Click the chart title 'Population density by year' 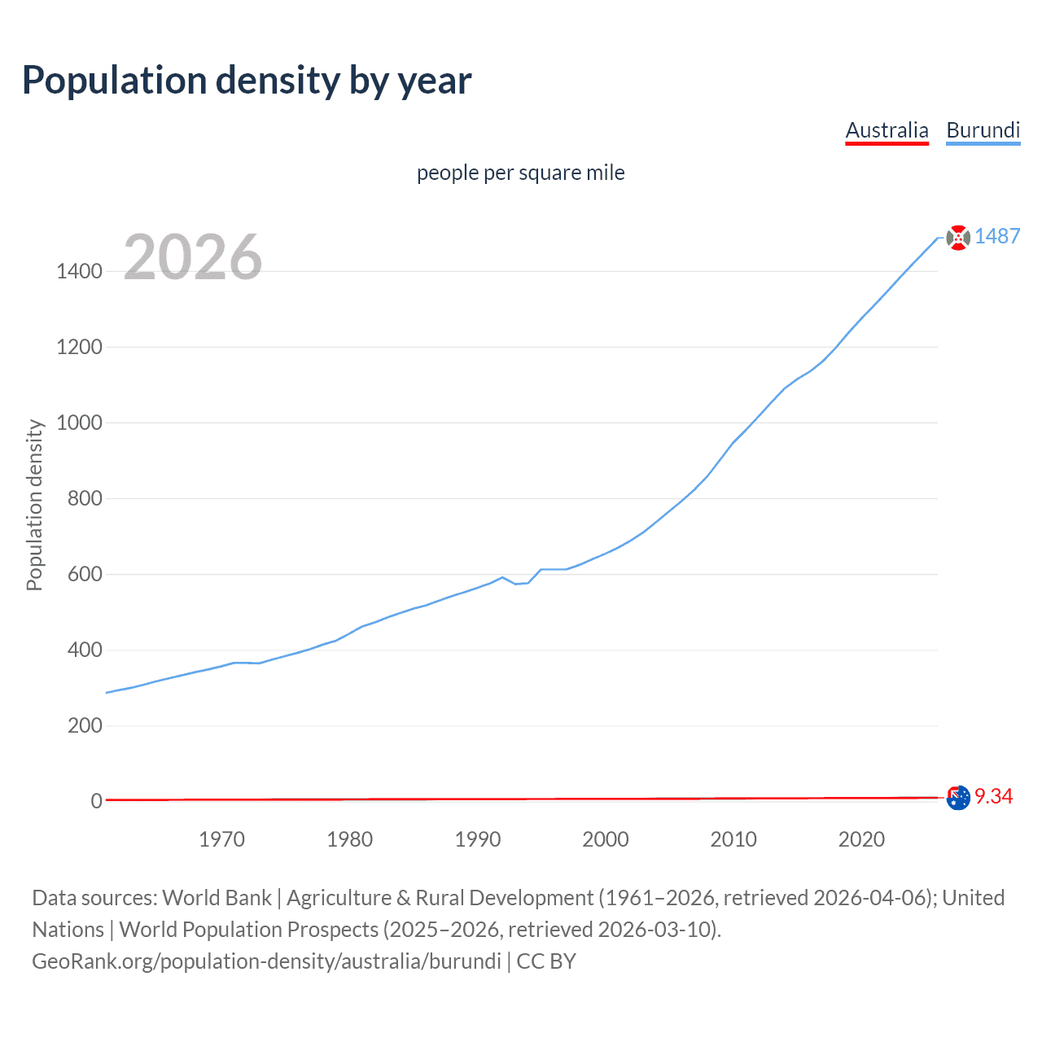(247, 81)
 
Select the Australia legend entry (887, 130)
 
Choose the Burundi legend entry (983, 130)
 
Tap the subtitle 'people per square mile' (520, 173)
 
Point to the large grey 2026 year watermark (193, 257)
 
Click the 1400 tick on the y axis (79, 271)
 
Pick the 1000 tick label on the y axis (79, 422)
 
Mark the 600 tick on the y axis (85, 574)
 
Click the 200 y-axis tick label (85, 725)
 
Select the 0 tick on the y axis (96, 801)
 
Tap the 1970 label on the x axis (221, 839)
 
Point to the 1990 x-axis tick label (478, 839)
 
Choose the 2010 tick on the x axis (733, 839)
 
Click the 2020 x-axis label (861, 839)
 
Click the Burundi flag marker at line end (958, 238)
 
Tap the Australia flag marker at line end (958, 798)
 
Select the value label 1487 (997, 236)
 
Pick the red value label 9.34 (993, 796)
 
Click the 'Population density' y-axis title (34, 505)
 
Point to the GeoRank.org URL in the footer (266, 961)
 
